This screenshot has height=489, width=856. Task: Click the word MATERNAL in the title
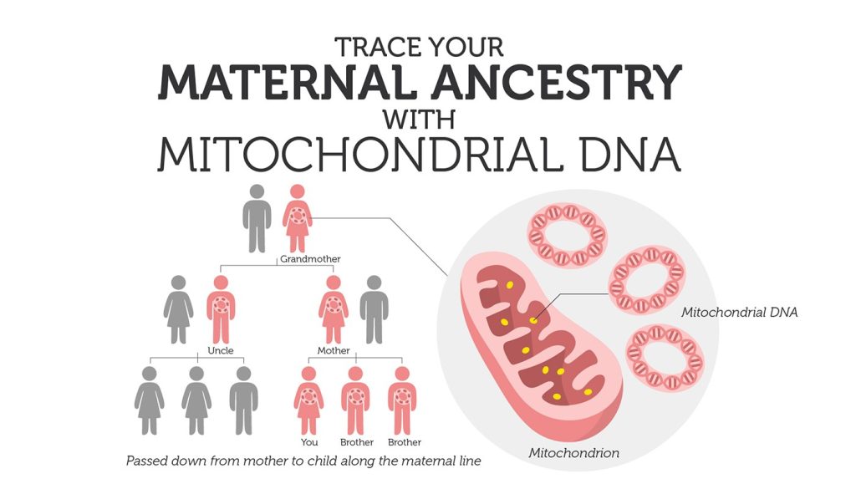click(284, 83)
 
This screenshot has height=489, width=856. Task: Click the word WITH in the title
click(420, 119)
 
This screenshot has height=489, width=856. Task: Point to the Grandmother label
click(310, 258)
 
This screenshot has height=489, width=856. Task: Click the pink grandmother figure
click(298, 218)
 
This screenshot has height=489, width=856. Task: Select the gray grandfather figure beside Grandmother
click(257, 218)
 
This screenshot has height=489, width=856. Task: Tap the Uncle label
click(221, 350)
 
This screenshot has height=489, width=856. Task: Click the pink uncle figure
click(221, 309)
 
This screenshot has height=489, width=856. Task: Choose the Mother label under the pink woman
click(334, 350)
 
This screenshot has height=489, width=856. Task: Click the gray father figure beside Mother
click(374, 309)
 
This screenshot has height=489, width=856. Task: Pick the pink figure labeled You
click(308, 400)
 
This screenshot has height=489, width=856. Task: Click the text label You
click(309, 442)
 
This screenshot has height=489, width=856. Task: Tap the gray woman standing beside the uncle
click(179, 309)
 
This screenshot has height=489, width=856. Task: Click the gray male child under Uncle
click(243, 400)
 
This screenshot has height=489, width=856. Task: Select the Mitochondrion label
click(573, 452)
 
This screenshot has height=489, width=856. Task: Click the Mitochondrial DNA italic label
click(739, 312)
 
